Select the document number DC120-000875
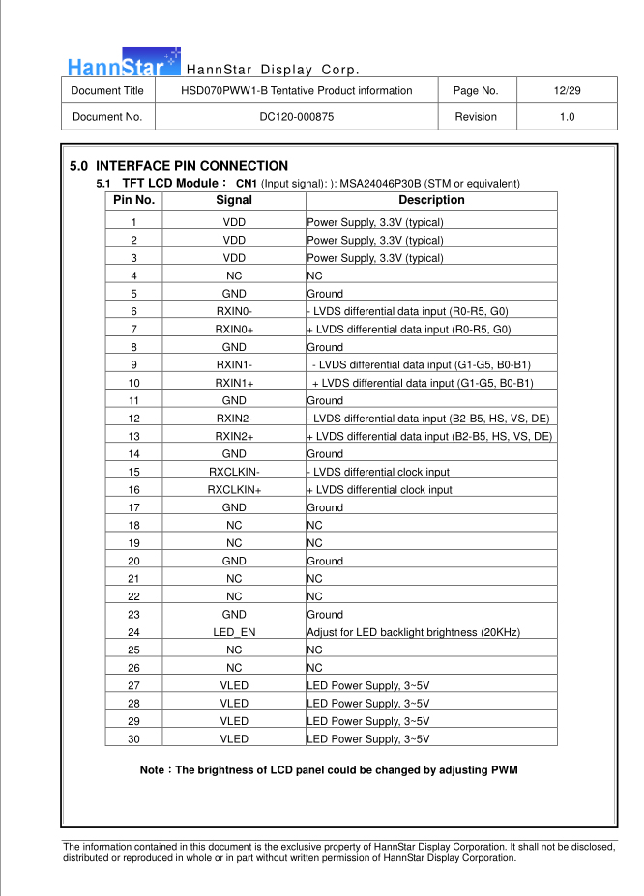point(297,117)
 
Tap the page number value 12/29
point(567,91)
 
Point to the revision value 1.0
point(567,117)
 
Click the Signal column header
point(234,200)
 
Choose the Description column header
point(431,200)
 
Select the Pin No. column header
point(133,200)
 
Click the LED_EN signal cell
point(234,632)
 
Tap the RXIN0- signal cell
point(234,311)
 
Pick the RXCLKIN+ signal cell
point(234,490)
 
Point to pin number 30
point(133,739)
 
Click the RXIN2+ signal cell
point(234,437)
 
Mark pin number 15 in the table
point(133,472)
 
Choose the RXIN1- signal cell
point(234,364)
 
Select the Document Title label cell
point(107,91)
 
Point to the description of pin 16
point(379,490)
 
